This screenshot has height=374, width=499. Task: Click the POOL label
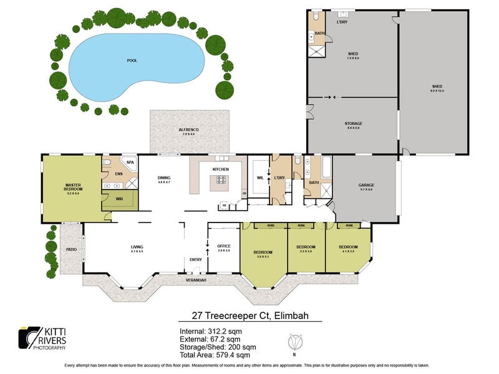(x=132, y=60)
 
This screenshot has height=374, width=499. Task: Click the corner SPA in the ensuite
(x=130, y=163)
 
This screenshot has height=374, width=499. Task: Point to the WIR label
(x=119, y=200)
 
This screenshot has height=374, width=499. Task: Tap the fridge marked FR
(x=223, y=205)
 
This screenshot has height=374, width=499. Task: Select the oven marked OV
(x=244, y=193)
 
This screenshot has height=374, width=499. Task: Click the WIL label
(x=259, y=178)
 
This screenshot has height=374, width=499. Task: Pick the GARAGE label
(x=366, y=185)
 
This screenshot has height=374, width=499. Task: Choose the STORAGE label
(x=353, y=123)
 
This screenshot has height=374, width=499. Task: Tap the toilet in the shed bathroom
(x=316, y=17)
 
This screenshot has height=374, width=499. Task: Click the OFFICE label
(x=224, y=247)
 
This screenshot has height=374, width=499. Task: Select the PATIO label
(x=71, y=249)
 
